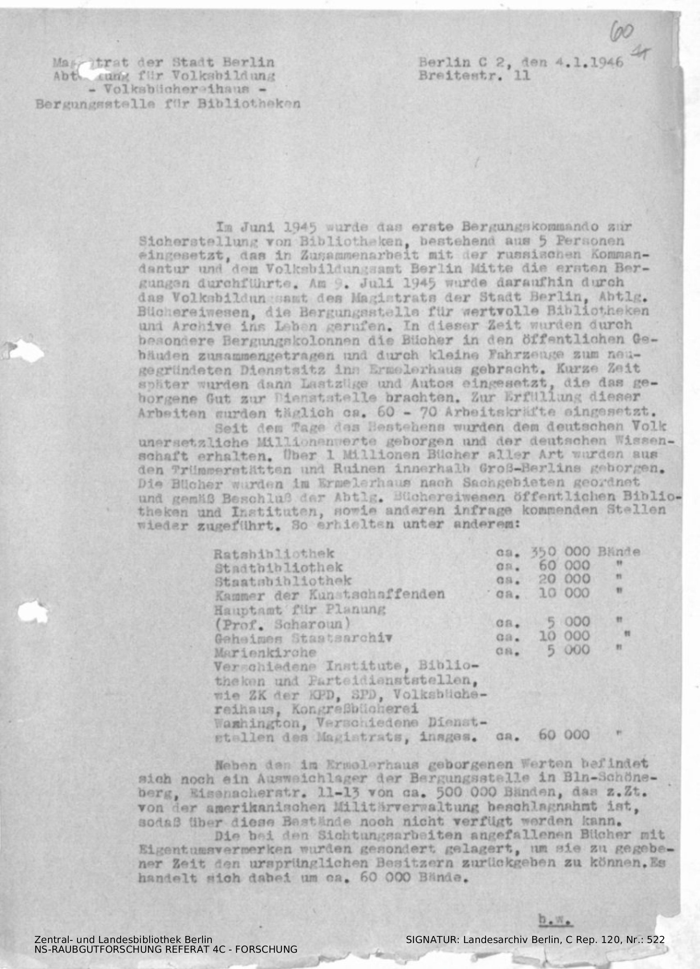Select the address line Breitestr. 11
(474, 76)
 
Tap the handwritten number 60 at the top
(622, 32)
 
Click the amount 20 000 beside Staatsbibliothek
(564, 580)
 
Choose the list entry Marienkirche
(265, 652)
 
